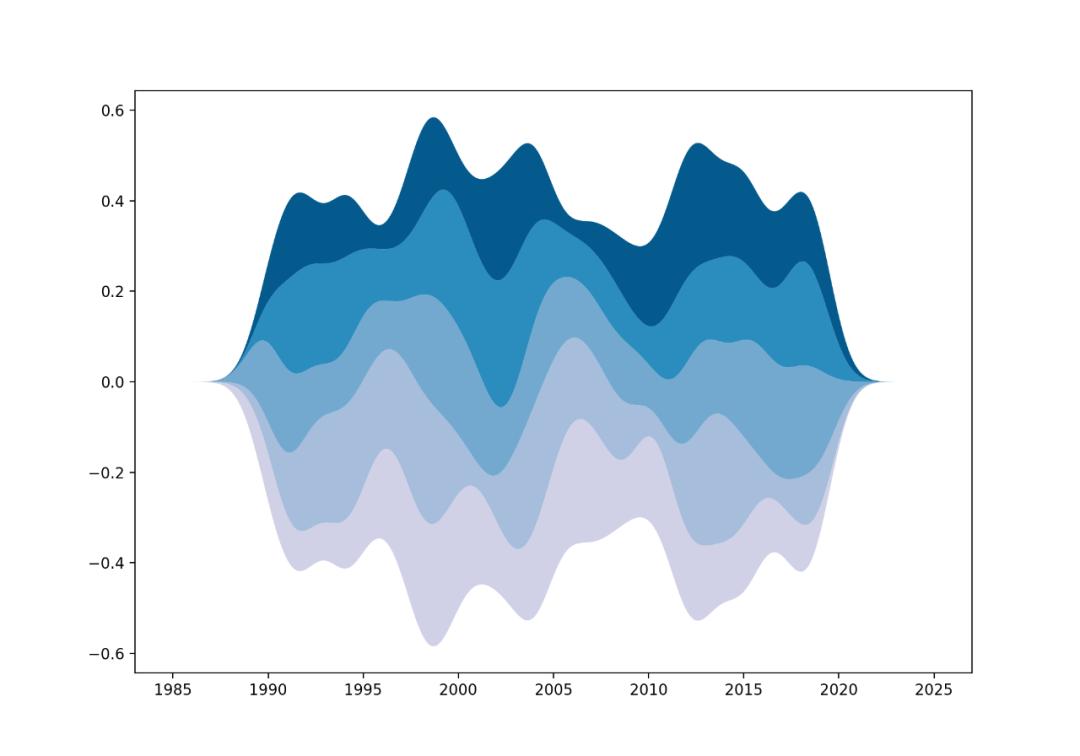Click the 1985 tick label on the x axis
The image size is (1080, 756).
click(172, 690)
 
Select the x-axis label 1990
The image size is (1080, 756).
click(267, 690)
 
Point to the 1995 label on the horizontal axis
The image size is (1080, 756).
click(362, 690)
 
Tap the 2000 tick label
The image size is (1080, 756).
click(458, 690)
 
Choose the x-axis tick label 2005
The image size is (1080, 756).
click(553, 690)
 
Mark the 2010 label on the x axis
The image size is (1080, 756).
click(648, 690)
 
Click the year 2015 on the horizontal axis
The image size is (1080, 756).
click(743, 690)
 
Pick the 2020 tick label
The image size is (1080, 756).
click(838, 690)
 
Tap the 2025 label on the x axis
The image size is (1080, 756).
click(933, 690)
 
